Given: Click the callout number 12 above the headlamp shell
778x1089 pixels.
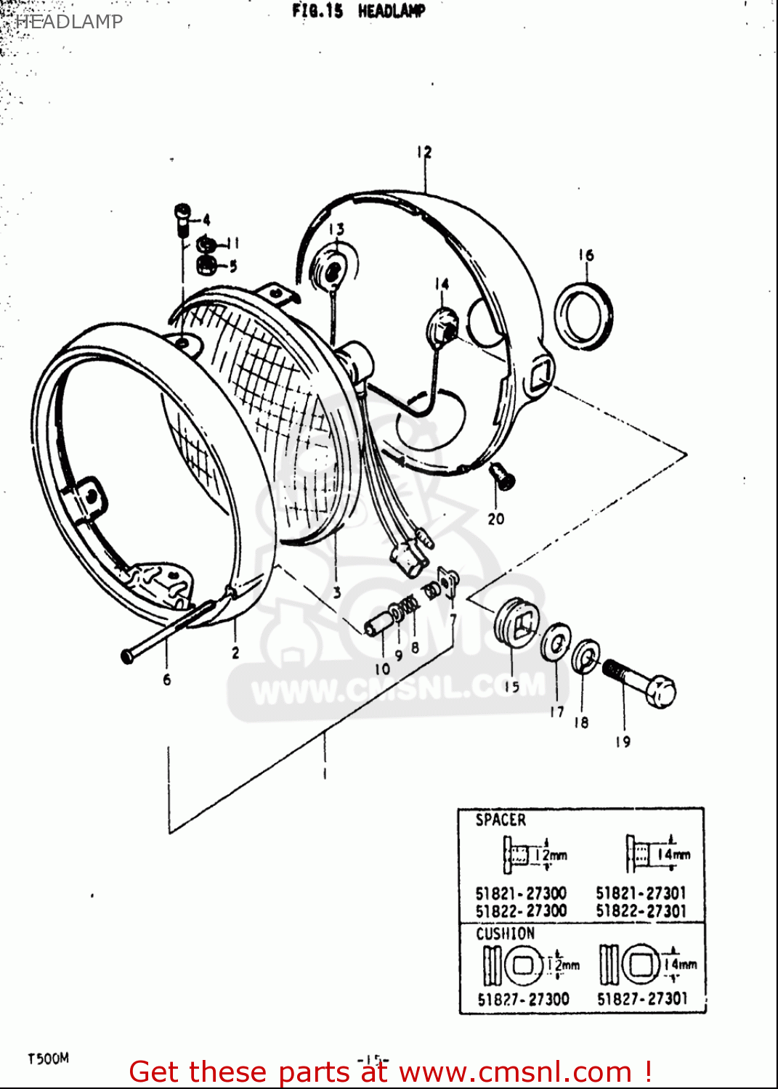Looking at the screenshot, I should click(424, 152).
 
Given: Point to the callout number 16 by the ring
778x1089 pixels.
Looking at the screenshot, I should click(586, 255).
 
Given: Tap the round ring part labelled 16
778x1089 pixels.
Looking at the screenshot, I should click(583, 317).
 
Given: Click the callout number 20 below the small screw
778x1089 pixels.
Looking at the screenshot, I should click(496, 518).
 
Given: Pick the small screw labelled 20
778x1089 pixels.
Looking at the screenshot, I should click(501, 476).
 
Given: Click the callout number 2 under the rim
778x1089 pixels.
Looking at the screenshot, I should click(235, 652).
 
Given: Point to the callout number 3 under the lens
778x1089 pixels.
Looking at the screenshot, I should click(337, 592).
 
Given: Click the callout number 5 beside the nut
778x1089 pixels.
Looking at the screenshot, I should click(232, 266).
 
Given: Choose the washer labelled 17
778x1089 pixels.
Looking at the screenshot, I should click(556, 642).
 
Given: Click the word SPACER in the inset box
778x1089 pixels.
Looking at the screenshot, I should click(501, 820).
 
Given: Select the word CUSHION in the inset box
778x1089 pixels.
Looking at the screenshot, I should click(505, 934).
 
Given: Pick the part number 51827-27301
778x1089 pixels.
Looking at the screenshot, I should click(641, 999).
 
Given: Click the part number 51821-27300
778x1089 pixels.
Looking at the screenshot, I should click(521, 893).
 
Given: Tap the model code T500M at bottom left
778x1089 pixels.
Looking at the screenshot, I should click(48, 1059).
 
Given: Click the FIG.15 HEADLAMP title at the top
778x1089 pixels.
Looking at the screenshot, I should click(358, 11).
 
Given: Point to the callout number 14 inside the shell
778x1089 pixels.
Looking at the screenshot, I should click(442, 284).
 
